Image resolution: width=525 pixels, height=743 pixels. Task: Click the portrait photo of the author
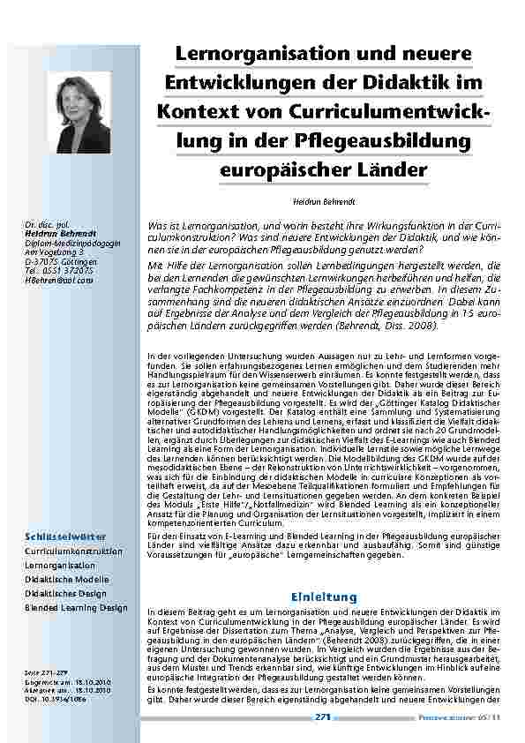click(84, 112)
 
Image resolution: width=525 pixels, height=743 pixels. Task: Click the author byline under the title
click(319, 202)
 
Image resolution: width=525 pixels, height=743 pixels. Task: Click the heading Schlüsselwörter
click(65, 536)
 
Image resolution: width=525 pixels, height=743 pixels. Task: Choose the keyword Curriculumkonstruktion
click(73, 551)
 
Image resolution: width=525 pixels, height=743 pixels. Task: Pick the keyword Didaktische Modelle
click(67, 579)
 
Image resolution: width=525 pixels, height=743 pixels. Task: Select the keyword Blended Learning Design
click(76, 608)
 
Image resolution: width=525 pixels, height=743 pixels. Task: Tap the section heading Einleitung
click(324, 597)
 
